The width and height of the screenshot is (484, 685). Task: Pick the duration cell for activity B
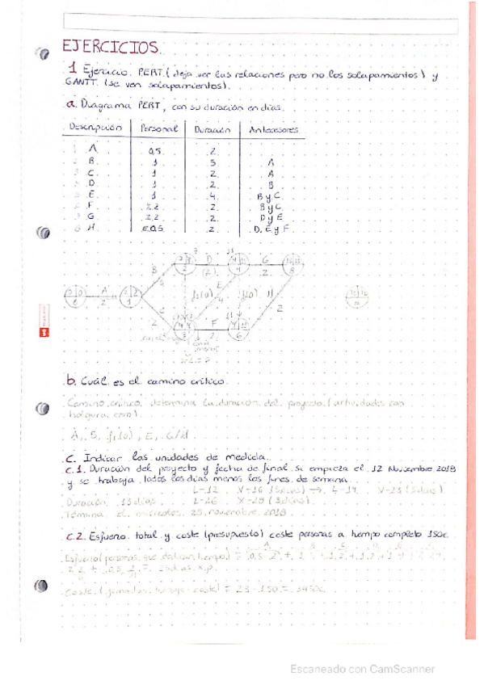tap(213, 162)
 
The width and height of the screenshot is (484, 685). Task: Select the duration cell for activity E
tap(213, 195)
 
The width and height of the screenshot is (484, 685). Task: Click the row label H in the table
tap(93, 229)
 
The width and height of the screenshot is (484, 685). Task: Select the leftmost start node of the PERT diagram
tap(75, 296)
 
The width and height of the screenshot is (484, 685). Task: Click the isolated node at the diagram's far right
tap(356, 296)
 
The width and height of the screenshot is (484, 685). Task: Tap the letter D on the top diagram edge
tap(208, 258)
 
